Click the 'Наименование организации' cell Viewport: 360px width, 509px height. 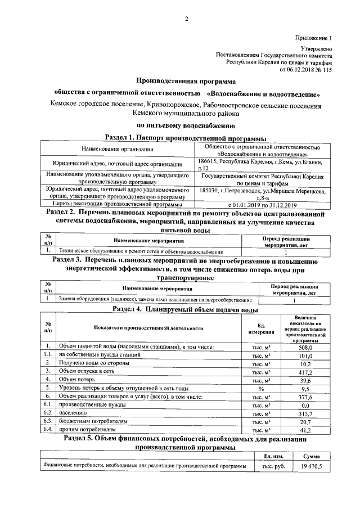point(117,149)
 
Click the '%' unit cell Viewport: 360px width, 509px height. point(261,388)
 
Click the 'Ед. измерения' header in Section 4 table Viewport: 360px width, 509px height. point(261,328)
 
